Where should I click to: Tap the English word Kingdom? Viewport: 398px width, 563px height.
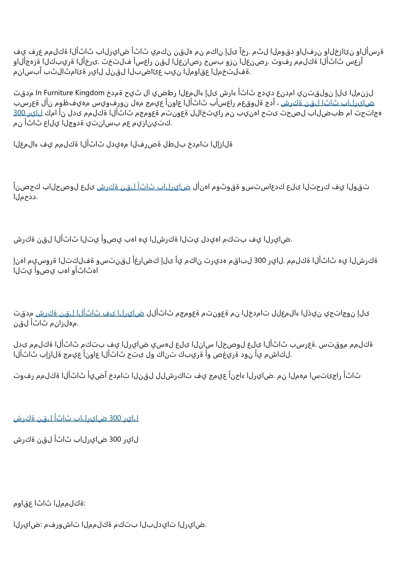[x=90, y=93]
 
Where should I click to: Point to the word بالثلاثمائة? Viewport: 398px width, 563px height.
[x=61, y=72]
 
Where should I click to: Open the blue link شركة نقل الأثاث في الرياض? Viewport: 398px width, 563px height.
[x=90, y=313]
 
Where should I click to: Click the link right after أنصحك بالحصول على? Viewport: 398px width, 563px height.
[x=143, y=187]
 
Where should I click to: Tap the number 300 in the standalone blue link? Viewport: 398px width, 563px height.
[x=115, y=418]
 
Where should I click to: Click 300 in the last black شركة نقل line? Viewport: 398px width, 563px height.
[x=115, y=439]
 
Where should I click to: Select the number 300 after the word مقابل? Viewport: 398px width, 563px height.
[x=260, y=260]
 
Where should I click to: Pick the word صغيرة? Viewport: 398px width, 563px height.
[x=227, y=354]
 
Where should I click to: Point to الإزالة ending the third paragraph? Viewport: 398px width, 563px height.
[x=222, y=144]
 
